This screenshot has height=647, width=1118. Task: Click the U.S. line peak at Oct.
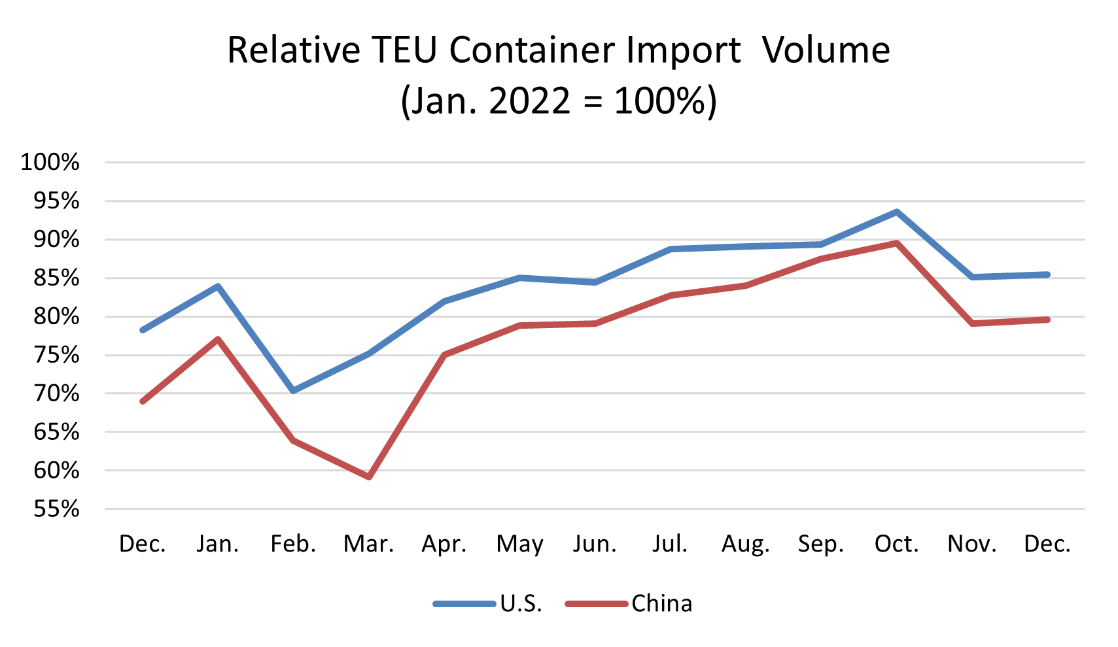pos(896,212)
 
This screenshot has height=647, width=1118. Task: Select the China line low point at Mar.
pos(369,476)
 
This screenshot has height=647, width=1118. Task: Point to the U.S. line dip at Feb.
pos(293,391)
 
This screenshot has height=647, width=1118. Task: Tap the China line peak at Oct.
pos(896,243)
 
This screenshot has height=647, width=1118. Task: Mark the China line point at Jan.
pos(218,339)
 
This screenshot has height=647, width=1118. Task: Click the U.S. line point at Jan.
pos(218,286)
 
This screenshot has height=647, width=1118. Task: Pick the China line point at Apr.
pos(444,355)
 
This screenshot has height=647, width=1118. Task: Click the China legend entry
pos(661,603)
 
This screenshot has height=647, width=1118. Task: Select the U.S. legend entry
pos(521,603)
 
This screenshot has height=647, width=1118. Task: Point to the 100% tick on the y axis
pos(50,162)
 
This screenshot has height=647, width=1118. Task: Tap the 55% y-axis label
pos(56,508)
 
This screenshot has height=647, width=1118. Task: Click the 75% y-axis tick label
pos(56,355)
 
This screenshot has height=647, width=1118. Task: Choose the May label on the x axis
pos(519,544)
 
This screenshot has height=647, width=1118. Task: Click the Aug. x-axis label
pos(746,544)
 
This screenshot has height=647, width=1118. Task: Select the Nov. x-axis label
pos(972,544)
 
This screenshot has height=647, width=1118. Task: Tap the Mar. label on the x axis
pos(369,544)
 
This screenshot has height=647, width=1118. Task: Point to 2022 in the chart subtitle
pos(530,101)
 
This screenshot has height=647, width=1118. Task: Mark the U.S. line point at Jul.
pos(671,249)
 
